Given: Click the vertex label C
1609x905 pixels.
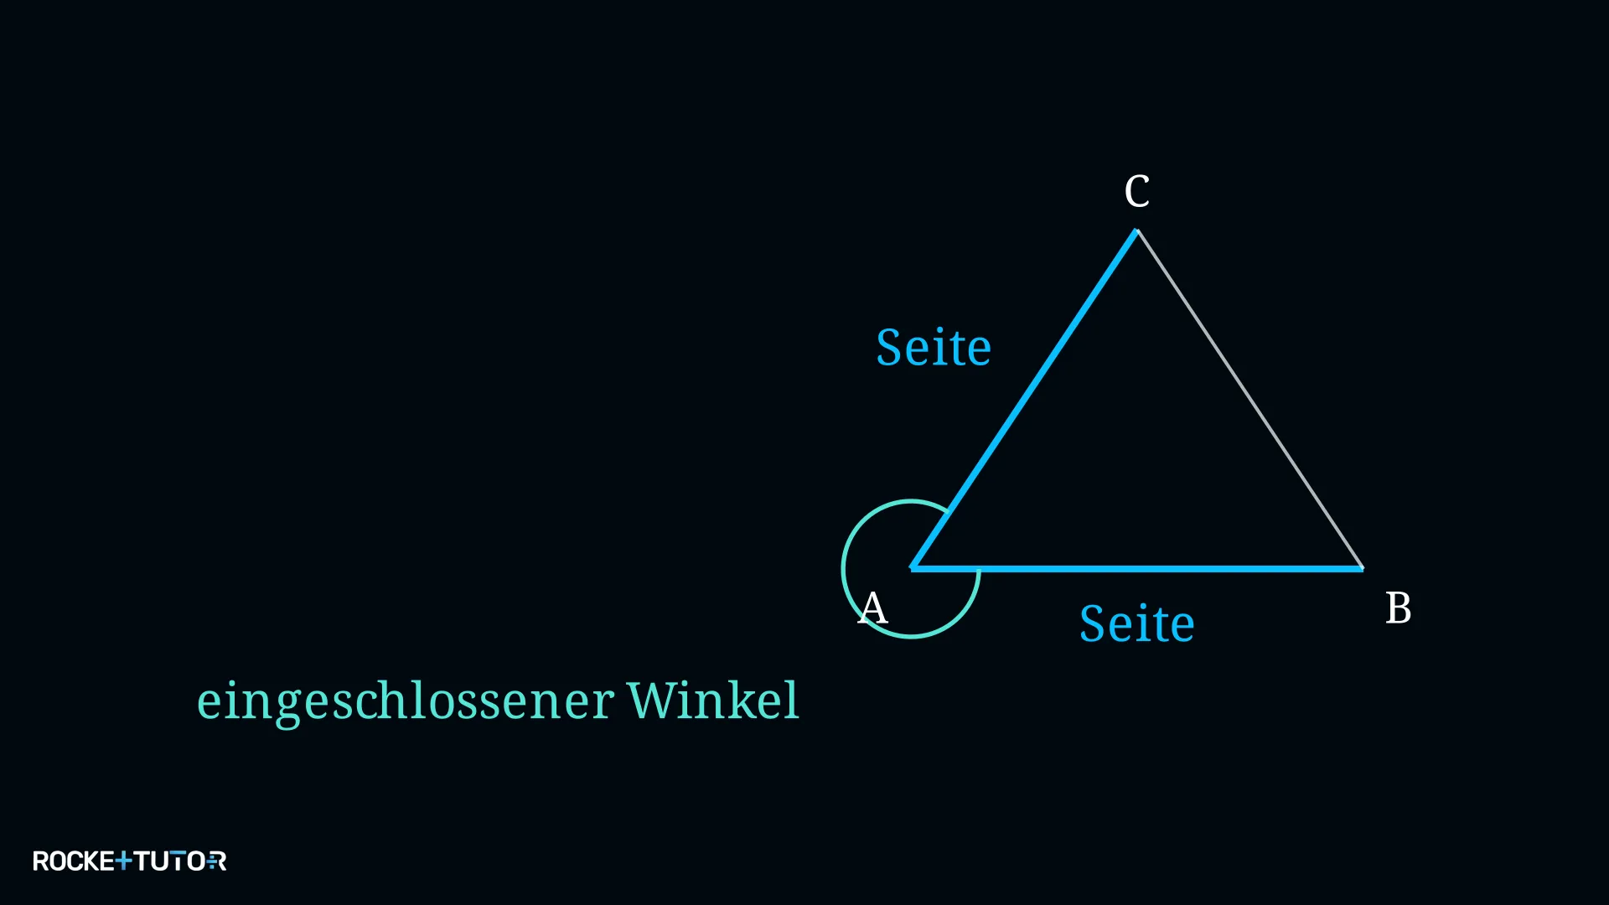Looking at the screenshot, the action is (x=1137, y=191).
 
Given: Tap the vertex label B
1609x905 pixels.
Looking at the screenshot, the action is (x=1399, y=608).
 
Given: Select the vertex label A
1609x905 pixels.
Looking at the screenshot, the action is (x=872, y=608).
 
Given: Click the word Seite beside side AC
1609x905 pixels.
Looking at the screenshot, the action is (x=934, y=347).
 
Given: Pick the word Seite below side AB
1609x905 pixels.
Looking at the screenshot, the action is (x=1137, y=623).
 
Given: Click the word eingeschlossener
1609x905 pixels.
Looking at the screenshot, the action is (x=406, y=702).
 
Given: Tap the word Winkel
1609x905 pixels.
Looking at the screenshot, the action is (x=713, y=700).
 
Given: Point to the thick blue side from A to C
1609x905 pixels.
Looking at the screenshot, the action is (x=1024, y=399).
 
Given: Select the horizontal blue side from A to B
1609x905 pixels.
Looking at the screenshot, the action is (x=1137, y=569).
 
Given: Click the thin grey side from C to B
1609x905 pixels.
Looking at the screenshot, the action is (x=1250, y=399).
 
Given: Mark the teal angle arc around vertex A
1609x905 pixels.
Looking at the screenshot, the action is (x=843, y=569).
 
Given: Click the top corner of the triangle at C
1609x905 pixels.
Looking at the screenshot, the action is (x=1137, y=230).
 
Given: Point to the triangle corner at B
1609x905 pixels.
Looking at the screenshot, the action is (x=1363, y=569).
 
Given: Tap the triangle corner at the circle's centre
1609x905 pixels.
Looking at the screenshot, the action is (x=912, y=569).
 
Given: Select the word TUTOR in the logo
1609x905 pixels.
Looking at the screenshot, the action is (x=180, y=861).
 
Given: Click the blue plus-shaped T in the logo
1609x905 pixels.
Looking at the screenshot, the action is (x=123, y=861).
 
